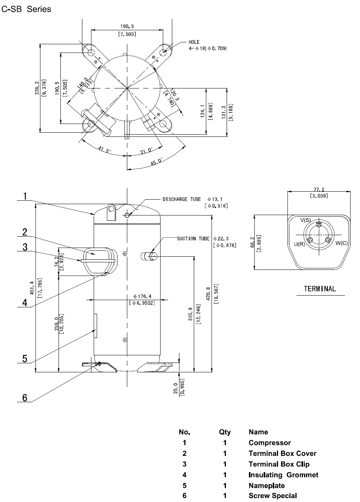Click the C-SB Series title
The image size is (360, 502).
[26, 9]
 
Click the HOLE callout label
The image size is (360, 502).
[194, 42]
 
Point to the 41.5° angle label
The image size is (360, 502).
[105, 150]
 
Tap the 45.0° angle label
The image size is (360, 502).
[156, 161]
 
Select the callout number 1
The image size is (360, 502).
[25, 196]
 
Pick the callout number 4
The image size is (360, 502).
[25, 303]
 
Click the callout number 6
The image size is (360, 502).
[25, 398]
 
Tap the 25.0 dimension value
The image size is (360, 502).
[176, 389]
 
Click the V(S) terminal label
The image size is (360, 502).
[306, 220]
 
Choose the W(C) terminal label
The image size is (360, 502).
[341, 243]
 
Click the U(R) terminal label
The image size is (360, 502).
[299, 244]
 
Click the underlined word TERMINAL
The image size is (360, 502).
[320, 289]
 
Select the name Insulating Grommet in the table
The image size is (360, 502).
[283, 475]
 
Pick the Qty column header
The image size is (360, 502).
[225, 432]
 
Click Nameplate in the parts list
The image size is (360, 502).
[267, 485]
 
